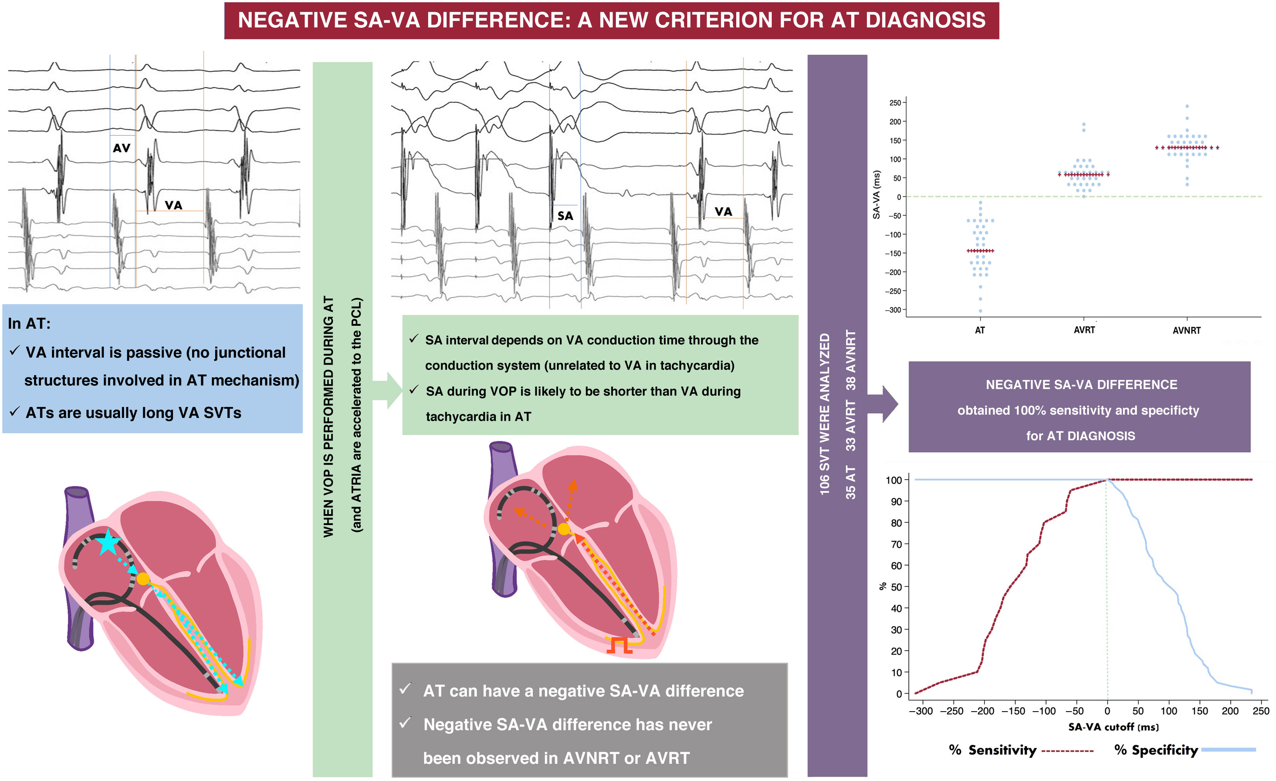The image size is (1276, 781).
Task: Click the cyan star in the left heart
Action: pos(108,542)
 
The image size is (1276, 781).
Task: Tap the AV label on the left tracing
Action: pos(122,148)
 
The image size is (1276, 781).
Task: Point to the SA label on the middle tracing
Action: pos(565,216)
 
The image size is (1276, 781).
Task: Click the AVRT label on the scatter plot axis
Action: pos(1084,330)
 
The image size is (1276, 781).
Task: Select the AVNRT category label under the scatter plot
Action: pos(1186,330)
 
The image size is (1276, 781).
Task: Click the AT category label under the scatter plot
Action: pos(980,330)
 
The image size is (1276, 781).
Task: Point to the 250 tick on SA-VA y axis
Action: pos(895,103)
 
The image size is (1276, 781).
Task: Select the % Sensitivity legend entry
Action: pos(992,750)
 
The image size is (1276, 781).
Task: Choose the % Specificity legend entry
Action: pos(1156,750)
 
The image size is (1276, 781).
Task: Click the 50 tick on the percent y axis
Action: pos(896,587)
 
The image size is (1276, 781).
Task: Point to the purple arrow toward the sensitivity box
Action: pos(883,404)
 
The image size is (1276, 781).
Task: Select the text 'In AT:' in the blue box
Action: pos(29,324)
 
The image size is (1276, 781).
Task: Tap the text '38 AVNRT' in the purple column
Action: pos(851,360)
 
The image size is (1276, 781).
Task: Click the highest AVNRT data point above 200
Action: pos(1187,106)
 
